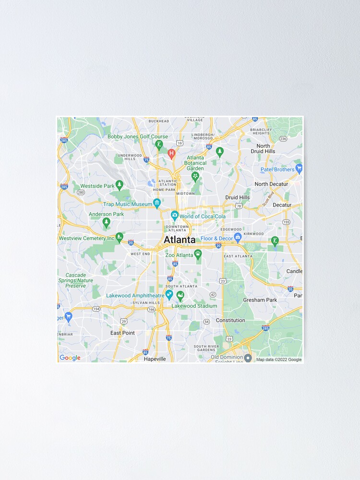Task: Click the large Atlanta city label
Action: (180, 240)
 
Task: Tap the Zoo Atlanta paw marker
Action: (198, 253)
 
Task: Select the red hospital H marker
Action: (171, 153)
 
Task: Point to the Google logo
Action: (70, 358)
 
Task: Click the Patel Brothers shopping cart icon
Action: (299, 168)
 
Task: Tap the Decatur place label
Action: (282, 205)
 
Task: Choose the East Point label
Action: (122, 333)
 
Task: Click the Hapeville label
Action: (155, 359)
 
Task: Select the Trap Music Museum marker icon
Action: (156, 203)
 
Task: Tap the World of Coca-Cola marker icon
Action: (175, 215)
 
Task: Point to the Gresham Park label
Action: (260, 300)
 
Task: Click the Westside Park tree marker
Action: (120, 185)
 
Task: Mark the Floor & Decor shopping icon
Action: (237, 237)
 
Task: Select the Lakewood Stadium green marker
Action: (180, 295)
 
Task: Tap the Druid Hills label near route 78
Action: (238, 197)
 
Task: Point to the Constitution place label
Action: (230, 320)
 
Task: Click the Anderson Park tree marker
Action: (107, 222)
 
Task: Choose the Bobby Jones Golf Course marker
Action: (159, 144)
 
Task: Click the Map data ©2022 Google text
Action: (279, 360)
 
